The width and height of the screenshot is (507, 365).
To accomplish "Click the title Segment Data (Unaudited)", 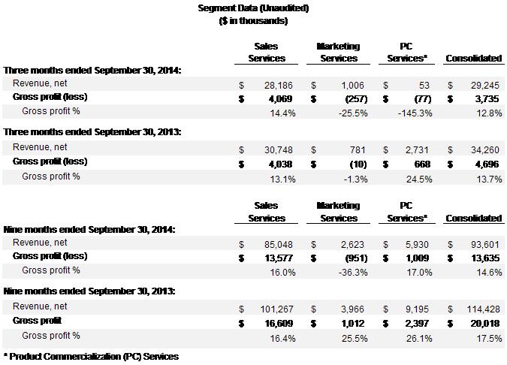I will coord(253,8).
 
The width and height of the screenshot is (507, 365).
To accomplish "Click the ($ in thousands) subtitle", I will coord(253,21).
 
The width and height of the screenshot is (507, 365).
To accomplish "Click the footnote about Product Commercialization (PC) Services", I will coord(91,356).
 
